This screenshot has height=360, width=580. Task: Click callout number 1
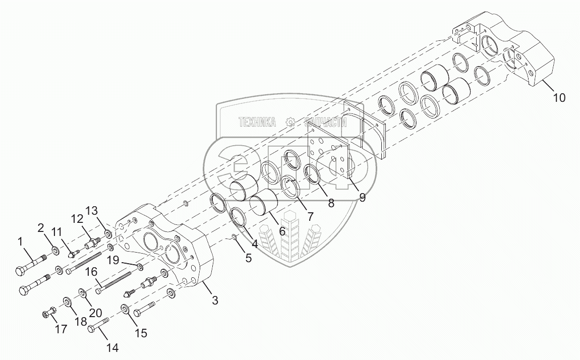[x=20, y=242]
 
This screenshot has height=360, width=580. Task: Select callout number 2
[x=41, y=228]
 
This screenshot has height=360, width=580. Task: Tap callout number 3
[x=215, y=301]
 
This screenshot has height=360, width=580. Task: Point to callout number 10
[x=559, y=97]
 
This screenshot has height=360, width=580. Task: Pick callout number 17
[x=61, y=330]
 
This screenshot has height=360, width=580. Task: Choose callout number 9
[x=362, y=197]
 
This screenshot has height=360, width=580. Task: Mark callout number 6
[x=282, y=231]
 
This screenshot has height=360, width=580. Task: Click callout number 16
[x=91, y=273]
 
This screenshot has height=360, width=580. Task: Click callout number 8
[x=331, y=203]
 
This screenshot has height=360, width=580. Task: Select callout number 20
[x=96, y=313]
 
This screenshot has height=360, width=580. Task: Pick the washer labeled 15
[x=125, y=309]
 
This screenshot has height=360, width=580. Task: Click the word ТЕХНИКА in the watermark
[x=257, y=122]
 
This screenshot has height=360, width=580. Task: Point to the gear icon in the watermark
[x=290, y=122]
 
